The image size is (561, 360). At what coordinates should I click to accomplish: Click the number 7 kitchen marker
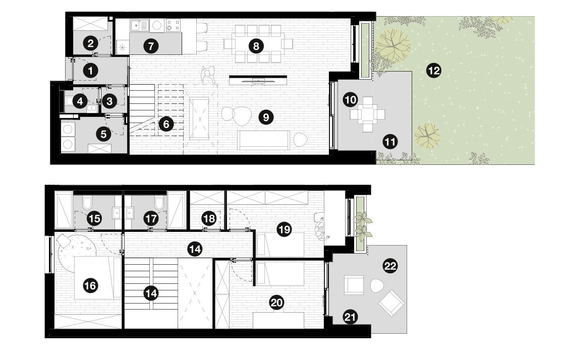(x=151, y=46)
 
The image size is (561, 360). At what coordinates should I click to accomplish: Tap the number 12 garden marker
(x=434, y=71)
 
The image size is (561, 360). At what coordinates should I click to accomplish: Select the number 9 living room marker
(x=266, y=117)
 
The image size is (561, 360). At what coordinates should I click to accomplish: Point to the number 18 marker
(x=209, y=218)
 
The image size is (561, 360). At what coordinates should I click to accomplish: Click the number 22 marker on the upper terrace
(x=390, y=266)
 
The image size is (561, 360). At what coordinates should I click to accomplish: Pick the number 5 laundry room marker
(x=103, y=134)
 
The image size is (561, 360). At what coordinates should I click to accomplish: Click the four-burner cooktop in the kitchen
(x=173, y=25)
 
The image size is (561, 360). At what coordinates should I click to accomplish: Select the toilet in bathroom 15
(x=87, y=203)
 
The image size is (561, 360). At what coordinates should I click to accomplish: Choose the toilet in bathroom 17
(x=159, y=203)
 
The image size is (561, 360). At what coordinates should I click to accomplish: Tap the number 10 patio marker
(x=350, y=100)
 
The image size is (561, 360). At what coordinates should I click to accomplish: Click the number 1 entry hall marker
(x=90, y=71)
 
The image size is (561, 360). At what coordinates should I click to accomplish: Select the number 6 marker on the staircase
(x=166, y=124)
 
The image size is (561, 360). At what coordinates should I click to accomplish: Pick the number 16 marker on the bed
(x=90, y=286)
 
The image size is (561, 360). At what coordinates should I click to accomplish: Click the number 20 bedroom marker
(x=276, y=303)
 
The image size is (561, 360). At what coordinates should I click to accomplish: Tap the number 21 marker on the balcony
(x=350, y=317)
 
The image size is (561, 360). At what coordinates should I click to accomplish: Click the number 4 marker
(x=80, y=101)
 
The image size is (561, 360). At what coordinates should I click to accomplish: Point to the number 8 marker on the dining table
(x=256, y=46)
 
